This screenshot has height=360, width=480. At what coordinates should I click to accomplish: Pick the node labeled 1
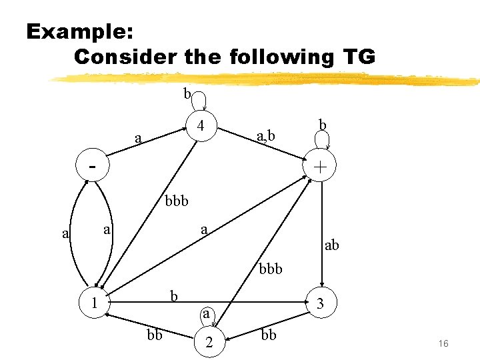click(95, 303)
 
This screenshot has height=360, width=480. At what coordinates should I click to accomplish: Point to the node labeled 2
click(209, 343)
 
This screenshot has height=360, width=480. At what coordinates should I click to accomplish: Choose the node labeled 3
click(321, 303)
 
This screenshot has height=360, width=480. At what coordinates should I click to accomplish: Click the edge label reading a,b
click(266, 138)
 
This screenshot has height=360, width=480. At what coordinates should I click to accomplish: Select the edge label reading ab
click(331, 245)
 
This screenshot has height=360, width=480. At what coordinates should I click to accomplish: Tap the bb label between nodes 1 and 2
click(154, 335)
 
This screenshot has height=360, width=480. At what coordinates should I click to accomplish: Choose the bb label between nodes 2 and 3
click(268, 335)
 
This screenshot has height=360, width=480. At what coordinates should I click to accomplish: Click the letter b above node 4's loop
click(187, 94)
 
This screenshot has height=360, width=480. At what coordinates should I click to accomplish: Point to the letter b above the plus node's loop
click(322, 125)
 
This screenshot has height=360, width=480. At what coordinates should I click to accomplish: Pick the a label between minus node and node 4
click(138, 139)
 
